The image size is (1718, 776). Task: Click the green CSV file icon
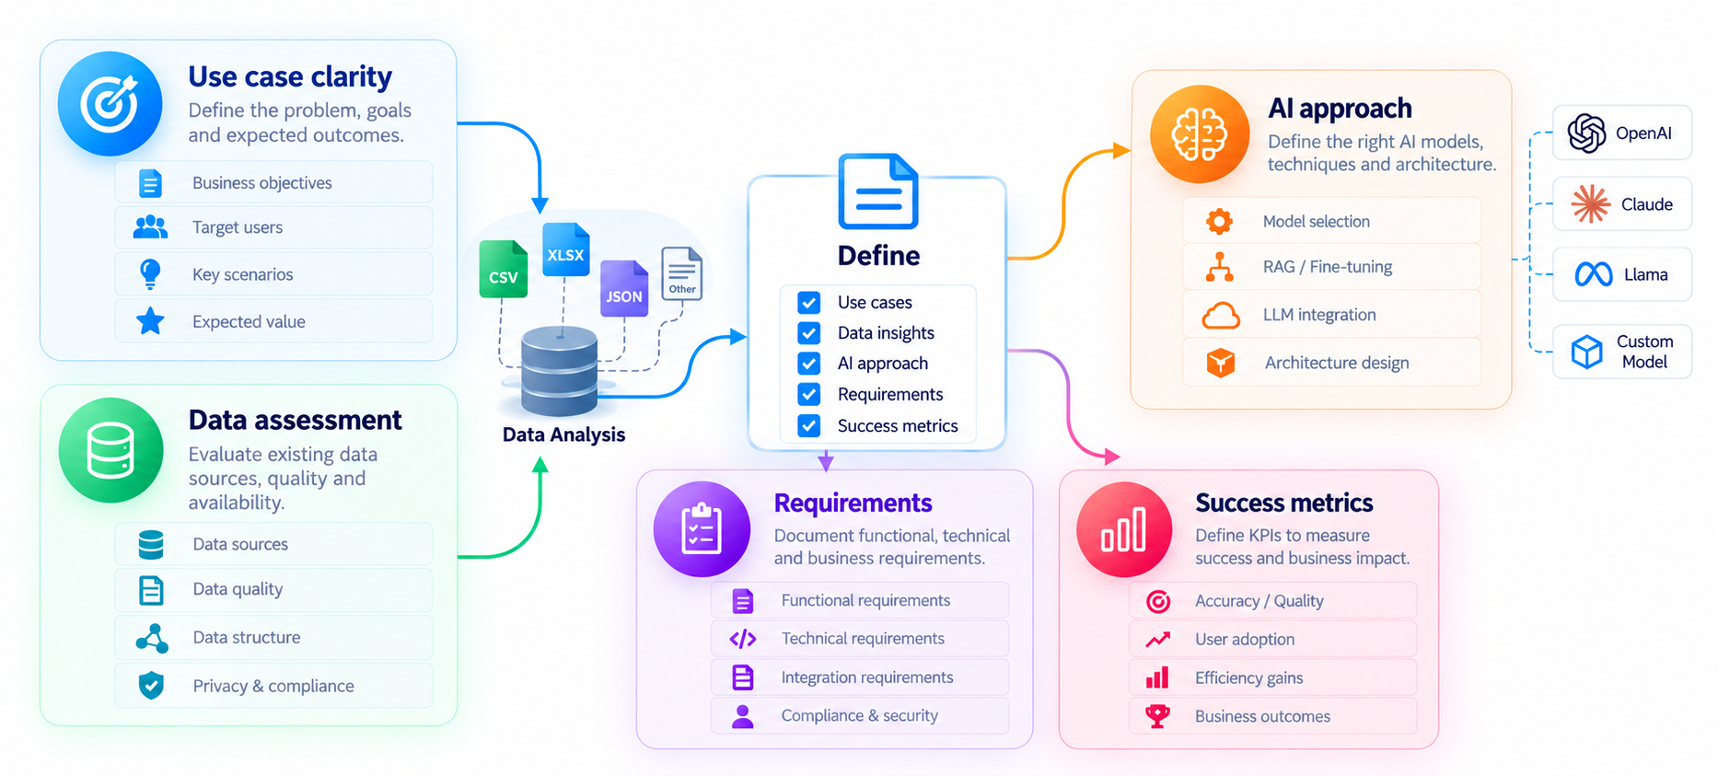click(503, 269)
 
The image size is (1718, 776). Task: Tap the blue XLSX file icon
click(565, 249)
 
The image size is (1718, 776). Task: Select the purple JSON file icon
click(624, 288)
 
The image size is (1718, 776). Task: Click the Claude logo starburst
click(1590, 203)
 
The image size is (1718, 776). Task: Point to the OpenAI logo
click(1587, 133)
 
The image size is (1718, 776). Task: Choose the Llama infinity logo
click(1593, 274)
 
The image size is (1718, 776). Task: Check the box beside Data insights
click(808, 332)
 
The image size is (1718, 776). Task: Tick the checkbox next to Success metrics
click(808, 425)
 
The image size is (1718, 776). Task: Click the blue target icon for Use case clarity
click(110, 103)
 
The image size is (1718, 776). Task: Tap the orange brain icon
click(1199, 134)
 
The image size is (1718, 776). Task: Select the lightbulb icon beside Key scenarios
click(149, 273)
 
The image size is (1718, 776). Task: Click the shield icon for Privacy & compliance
click(151, 685)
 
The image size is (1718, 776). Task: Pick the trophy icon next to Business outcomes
click(1157, 715)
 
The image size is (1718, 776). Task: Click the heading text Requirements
click(853, 503)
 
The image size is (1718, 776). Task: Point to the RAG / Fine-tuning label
click(1327, 267)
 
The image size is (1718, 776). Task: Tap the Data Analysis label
click(563, 434)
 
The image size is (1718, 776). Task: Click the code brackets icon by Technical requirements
click(742, 638)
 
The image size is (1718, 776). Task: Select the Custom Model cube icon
click(1586, 351)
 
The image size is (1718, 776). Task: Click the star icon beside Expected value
click(150, 321)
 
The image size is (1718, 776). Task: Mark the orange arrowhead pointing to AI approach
click(1122, 150)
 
